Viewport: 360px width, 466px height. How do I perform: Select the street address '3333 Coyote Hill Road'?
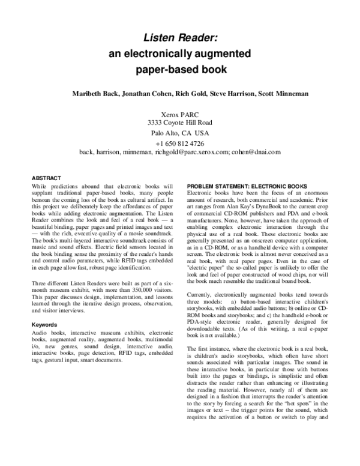[179, 123]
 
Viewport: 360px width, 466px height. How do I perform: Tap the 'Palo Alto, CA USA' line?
[179, 133]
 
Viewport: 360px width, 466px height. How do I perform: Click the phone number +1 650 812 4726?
[179, 144]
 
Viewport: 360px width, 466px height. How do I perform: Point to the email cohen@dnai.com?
[256, 153]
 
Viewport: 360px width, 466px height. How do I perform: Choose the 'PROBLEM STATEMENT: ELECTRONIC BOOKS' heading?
[247, 186]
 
